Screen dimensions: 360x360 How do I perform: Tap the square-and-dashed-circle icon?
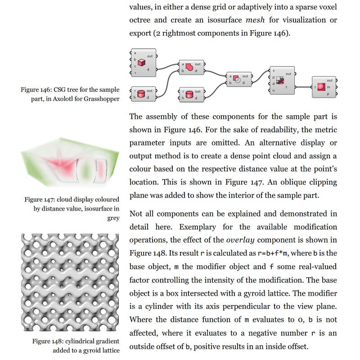click(237, 80)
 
